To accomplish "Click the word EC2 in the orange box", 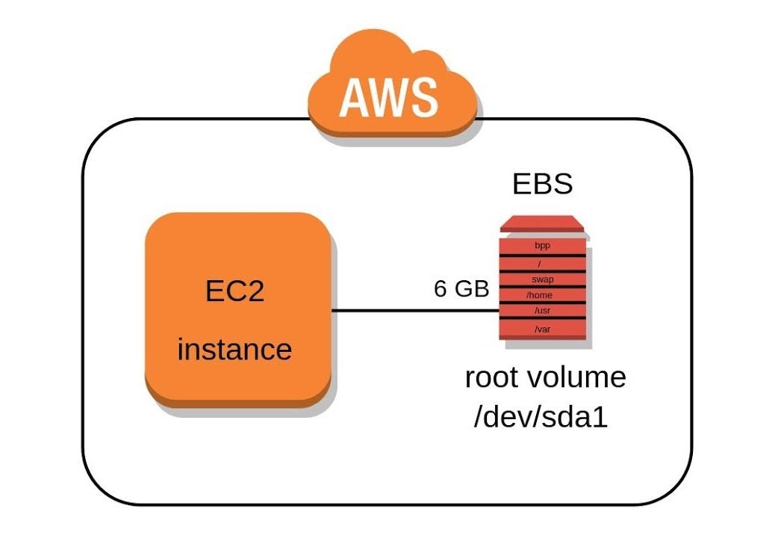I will pos(234,291).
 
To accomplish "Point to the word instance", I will pos(234,349).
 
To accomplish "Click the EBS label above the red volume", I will pos(542,183).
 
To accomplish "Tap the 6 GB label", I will pos(461,289).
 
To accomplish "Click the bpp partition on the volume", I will pos(543,245).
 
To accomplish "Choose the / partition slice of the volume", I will pos(543,263).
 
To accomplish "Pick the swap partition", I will pos(543,279).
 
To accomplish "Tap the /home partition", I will pos(543,295).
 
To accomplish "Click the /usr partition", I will pos(543,310).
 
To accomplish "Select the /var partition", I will pos(543,329).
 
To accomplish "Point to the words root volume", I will pos(545,377).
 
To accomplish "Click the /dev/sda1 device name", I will pos(541,417).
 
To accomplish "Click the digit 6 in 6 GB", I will pos(441,289).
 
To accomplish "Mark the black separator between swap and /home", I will pos(543,287).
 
